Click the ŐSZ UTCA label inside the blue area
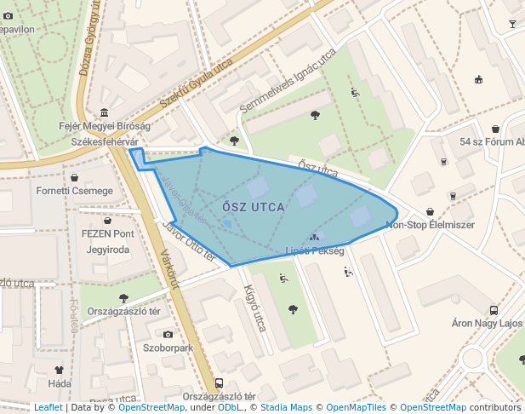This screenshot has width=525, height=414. coord(253,206)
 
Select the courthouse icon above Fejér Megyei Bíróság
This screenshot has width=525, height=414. coord(104,112)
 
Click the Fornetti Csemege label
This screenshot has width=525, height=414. coord(74,191)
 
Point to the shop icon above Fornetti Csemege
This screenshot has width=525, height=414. coord(75,178)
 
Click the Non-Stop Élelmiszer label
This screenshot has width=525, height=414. coord(430,225)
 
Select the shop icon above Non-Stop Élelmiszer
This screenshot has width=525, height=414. coord(430,211)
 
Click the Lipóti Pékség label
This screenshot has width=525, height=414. coord(315,251)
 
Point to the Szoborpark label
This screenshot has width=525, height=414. coord(168,348)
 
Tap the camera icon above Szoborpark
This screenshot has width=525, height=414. coord(168,334)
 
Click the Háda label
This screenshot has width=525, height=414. coord(60,384)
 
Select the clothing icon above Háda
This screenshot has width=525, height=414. coord(59,371)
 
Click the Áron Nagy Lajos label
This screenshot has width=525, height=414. coord(486,324)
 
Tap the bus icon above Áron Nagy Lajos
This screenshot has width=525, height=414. coord(494,310)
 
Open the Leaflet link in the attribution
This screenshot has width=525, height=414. coord(48,407)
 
